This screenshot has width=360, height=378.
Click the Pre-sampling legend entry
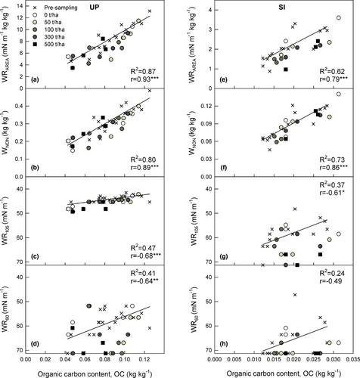(x=54, y=8)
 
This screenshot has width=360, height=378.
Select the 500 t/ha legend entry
(x=49, y=44)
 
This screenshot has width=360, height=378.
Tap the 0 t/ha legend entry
(x=46, y=15)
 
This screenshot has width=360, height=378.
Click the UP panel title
(x=95, y=8)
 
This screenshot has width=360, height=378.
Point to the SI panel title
(x=281, y=8)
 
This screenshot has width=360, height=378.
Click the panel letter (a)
(x=35, y=80)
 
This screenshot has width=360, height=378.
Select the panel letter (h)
(x=224, y=344)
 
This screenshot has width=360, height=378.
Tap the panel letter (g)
(x=224, y=256)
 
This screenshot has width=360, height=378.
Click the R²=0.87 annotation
(x=143, y=71)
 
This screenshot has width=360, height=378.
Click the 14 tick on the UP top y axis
(x=20, y=6)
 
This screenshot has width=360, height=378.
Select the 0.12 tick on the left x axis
(x=144, y=358)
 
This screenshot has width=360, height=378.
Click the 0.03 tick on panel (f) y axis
(x=206, y=159)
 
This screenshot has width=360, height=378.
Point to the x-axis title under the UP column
(x=95, y=373)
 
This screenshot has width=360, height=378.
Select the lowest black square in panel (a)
(x=73, y=68)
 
